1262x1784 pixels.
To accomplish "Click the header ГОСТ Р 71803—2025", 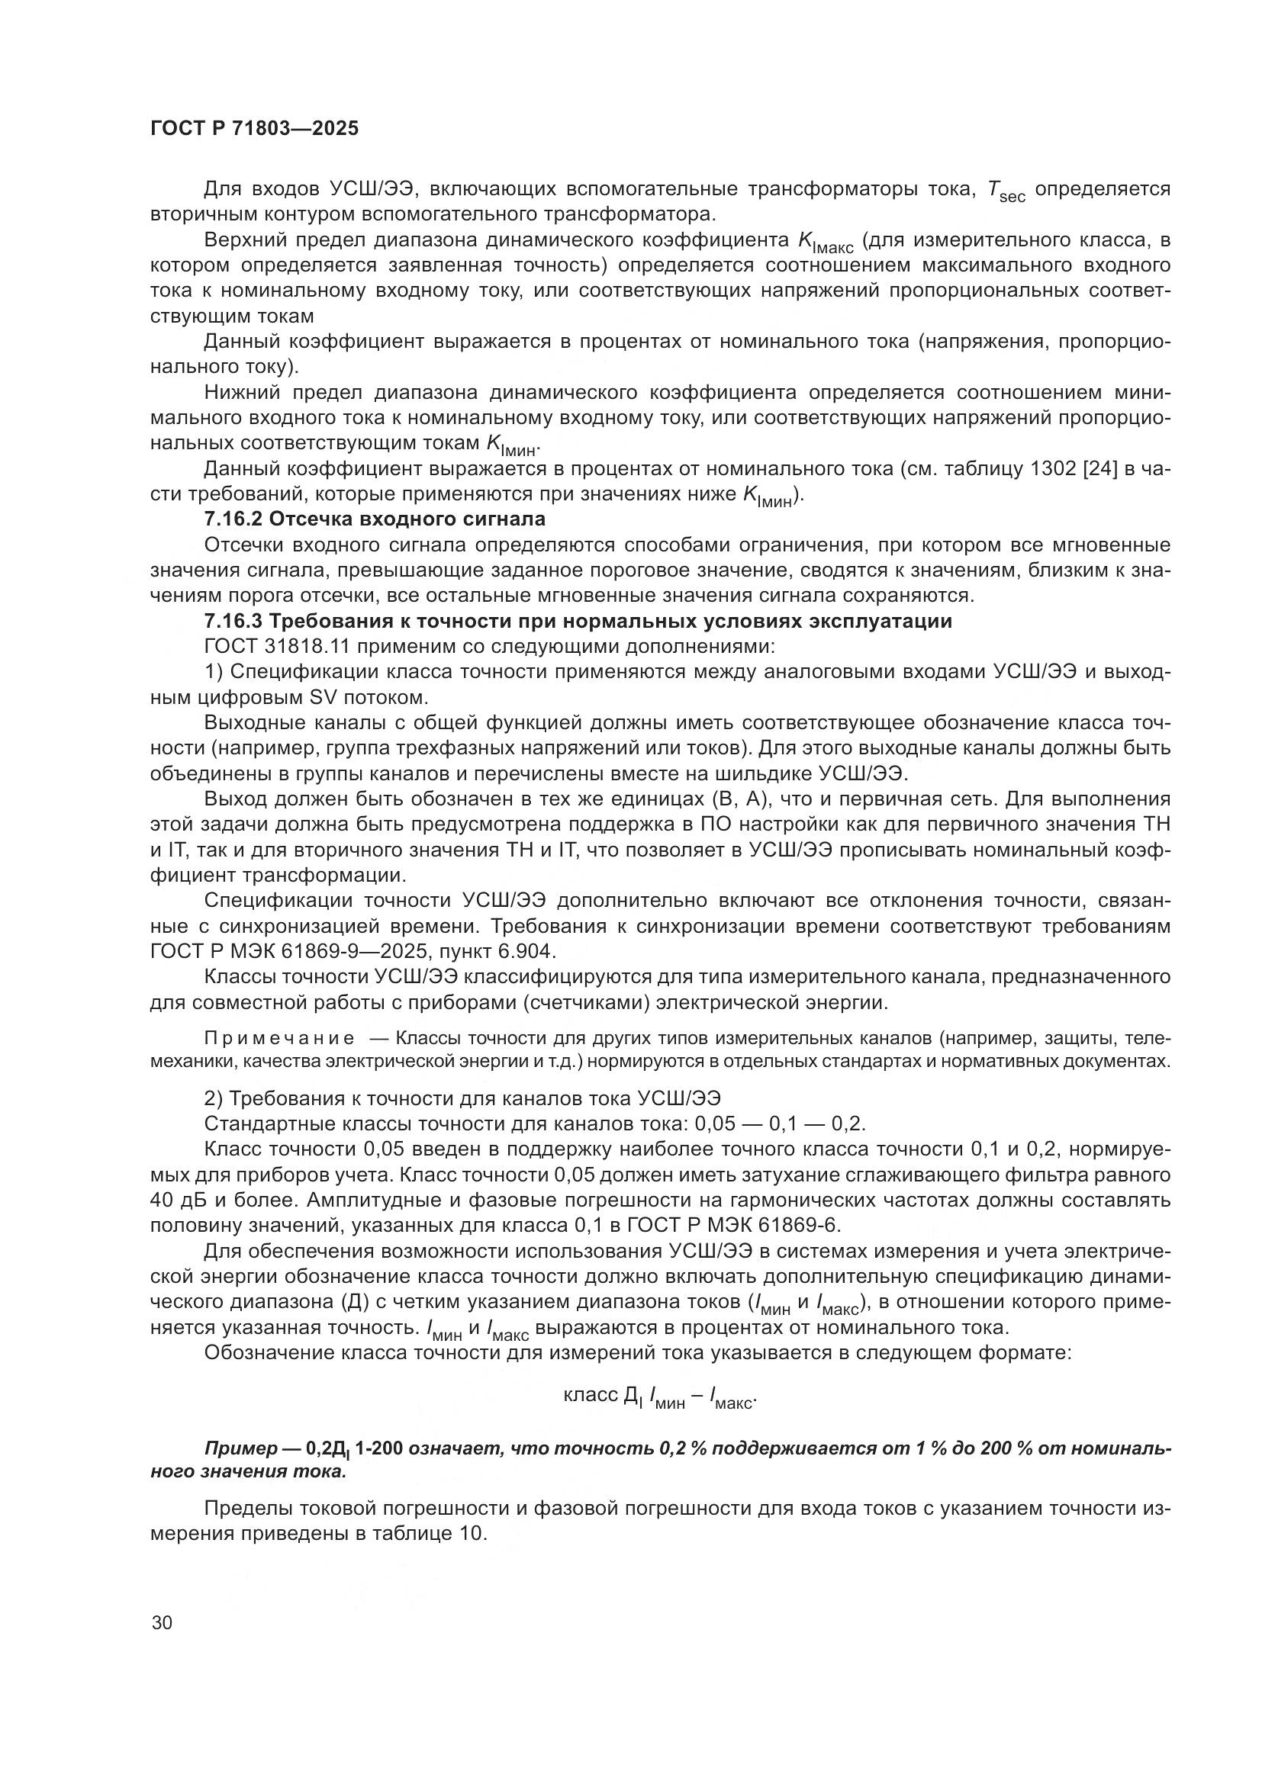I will click(254, 129).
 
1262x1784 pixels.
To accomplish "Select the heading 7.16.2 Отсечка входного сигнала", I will click(375, 518).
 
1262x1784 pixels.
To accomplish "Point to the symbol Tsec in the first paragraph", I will click(1005, 191).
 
